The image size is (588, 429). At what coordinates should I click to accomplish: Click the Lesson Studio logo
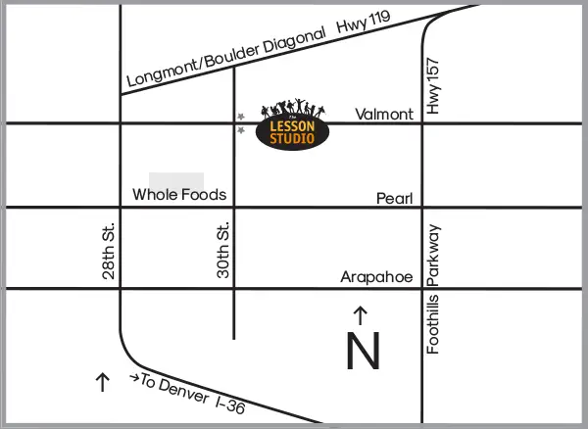point(293,125)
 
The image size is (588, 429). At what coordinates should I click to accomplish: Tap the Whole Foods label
point(179,195)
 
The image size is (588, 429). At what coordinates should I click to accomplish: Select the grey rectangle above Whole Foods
point(176,180)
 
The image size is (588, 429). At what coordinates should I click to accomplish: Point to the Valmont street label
point(384,115)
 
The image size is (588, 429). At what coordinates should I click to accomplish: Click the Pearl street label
point(395,199)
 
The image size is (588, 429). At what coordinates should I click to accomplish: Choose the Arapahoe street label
point(376,277)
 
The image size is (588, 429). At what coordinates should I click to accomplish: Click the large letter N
point(363,352)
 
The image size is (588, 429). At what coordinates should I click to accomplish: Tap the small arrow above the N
point(360,315)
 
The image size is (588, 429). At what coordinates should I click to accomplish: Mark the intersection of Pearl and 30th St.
point(234,208)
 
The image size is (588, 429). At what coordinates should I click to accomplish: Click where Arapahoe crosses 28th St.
point(120,289)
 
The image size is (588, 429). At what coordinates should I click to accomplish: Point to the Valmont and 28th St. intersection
point(120,123)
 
